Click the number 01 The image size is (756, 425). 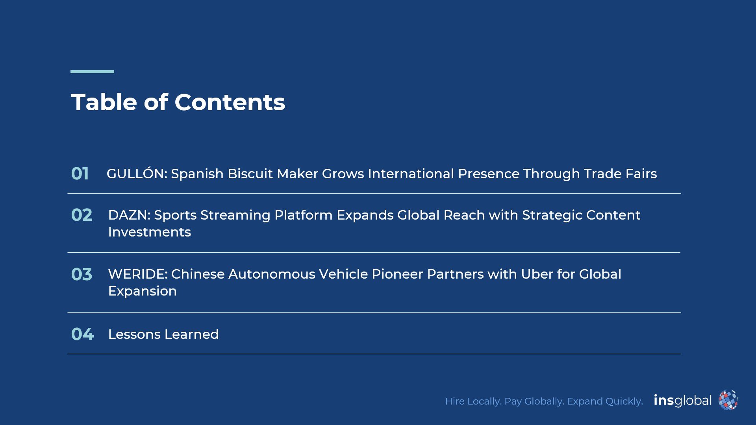[80, 174]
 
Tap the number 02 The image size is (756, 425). [82, 215]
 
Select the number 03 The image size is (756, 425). [82, 274]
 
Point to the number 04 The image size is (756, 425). [83, 334]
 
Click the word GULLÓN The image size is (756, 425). [137, 173]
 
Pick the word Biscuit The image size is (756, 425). [250, 174]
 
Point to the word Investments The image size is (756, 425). [150, 232]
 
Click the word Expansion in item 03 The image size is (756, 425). [143, 292]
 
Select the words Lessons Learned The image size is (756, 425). [163, 334]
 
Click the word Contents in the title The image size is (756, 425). [230, 102]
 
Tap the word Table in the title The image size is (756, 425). [104, 102]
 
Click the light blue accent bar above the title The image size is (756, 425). [92, 72]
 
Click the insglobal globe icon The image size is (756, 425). [728, 400]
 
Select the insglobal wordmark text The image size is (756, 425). [683, 400]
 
